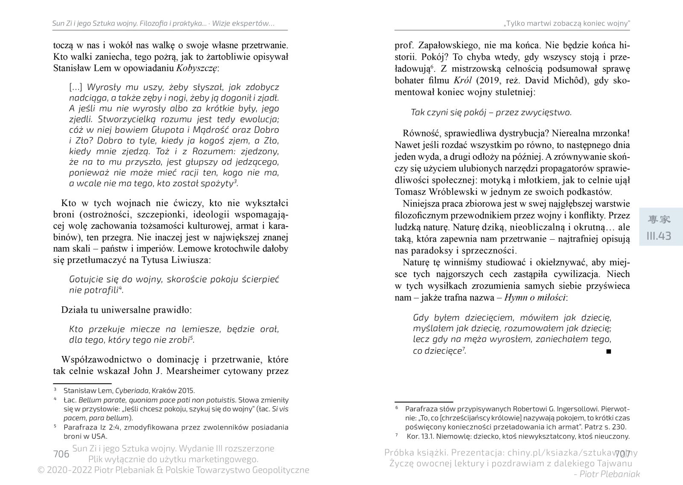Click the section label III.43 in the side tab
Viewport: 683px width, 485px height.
pos(659,236)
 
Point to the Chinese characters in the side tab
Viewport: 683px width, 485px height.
pos(659,220)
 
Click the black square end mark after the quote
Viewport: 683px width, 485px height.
pos(608,351)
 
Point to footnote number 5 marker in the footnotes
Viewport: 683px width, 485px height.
pos(55,426)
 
